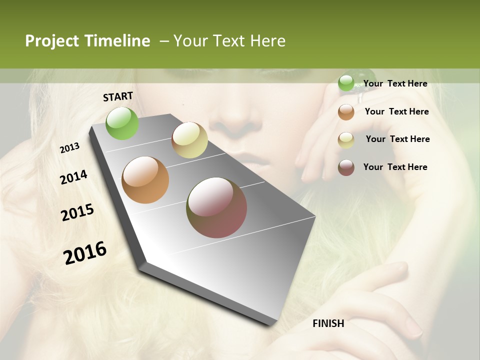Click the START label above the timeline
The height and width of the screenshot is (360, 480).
tap(118, 96)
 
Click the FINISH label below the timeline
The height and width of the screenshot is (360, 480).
tap(328, 323)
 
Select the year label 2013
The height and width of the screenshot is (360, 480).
tap(69, 148)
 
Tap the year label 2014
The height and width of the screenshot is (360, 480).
tap(73, 177)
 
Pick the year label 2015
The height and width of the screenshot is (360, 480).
tap(77, 212)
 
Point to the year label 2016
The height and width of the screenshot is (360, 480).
tap(85, 252)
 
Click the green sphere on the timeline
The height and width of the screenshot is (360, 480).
tap(122, 123)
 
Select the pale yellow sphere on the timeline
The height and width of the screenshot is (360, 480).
tap(189, 140)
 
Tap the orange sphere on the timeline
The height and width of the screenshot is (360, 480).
tap(145, 180)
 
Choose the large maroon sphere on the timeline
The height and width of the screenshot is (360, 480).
tap(216, 207)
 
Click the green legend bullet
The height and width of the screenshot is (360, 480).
tap(346, 83)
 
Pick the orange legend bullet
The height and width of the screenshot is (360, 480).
tap(346, 112)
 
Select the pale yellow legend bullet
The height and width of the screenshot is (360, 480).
tap(346, 140)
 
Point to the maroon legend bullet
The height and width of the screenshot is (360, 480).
tap(346, 167)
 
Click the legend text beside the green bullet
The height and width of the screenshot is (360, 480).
tap(395, 83)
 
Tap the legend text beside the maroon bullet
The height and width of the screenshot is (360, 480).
tap(395, 167)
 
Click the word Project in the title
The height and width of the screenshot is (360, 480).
tap(52, 41)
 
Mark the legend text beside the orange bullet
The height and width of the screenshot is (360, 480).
tap(396, 111)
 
